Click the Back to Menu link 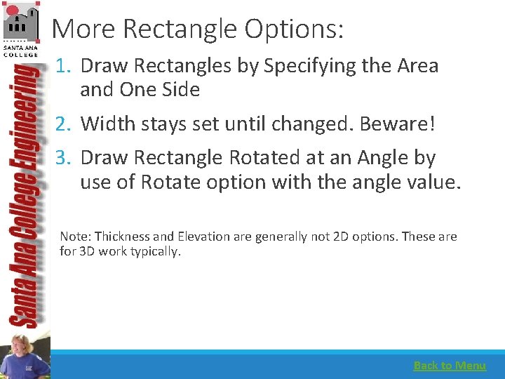pos(450,365)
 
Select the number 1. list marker pos(65,66)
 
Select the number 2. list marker pos(65,124)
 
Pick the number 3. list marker pos(65,158)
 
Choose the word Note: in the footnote pos(75,237)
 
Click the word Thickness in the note pos(122,237)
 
